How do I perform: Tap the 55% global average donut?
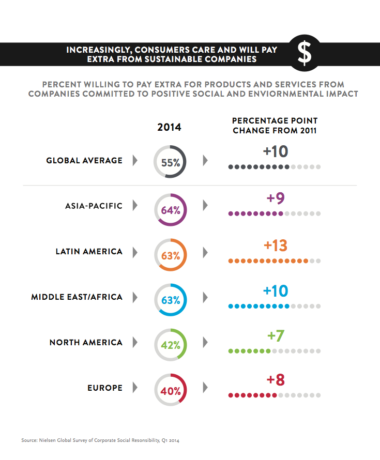(x=170, y=162)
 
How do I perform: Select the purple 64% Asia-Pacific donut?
(x=170, y=210)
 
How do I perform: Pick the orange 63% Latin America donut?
(x=170, y=255)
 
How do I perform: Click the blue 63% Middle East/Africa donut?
(x=170, y=300)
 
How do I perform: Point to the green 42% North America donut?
(x=170, y=345)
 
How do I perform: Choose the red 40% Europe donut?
(x=170, y=390)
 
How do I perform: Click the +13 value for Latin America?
(x=275, y=246)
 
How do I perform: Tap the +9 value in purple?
(x=275, y=199)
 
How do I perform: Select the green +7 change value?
(x=275, y=336)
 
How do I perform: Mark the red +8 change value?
(x=275, y=380)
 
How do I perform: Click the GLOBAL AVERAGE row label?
(x=84, y=160)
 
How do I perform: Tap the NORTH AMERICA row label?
(x=86, y=342)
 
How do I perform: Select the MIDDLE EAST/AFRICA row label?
(x=77, y=297)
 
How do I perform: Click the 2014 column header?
(x=170, y=127)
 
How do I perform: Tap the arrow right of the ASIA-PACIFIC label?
(x=135, y=206)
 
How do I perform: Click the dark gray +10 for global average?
(x=275, y=151)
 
